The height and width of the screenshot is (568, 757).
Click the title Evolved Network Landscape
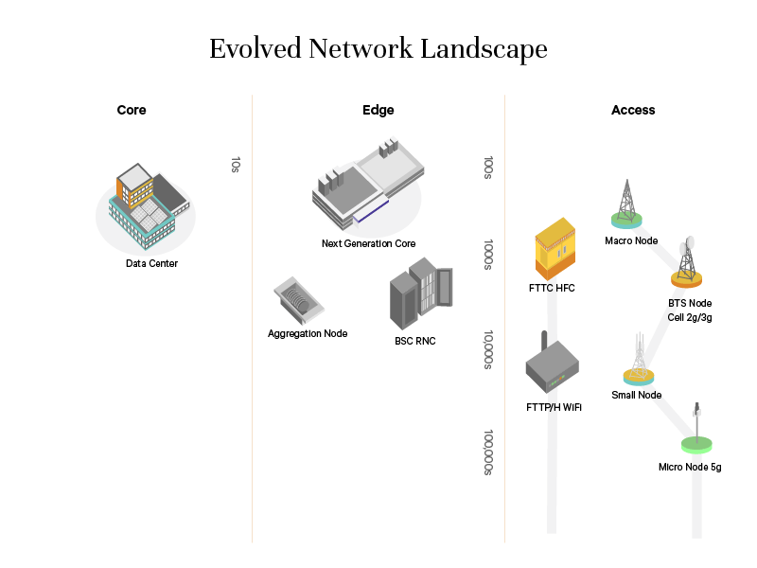[378, 48]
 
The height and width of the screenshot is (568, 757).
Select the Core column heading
[132, 110]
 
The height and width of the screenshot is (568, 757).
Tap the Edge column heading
[378, 110]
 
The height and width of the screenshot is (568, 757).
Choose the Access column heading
[633, 110]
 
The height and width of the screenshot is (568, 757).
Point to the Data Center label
[151, 263]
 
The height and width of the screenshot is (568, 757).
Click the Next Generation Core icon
[368, 185]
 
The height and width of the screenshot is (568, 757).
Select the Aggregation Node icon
[299, 302]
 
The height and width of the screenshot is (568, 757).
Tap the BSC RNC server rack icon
[419, 296]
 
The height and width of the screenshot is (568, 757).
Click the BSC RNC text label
[415, 341]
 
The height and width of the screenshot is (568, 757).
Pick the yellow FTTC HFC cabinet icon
[555, 248]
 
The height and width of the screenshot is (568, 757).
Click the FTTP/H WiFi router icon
[552, 366]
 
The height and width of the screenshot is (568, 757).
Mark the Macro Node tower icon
[625, 204]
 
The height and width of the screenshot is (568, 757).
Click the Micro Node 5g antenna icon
[697, 430]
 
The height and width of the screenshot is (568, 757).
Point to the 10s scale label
[236, 165]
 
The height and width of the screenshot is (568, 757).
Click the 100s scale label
[488, 169]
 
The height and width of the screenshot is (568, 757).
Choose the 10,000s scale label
[488, 350]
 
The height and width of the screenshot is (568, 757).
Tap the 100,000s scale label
[488, 452]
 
